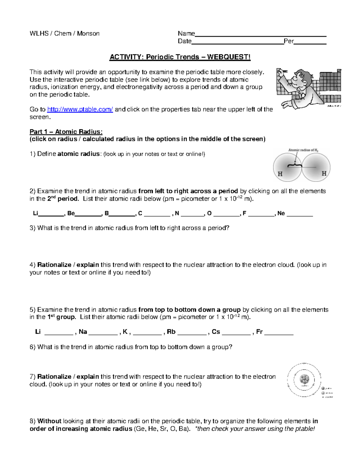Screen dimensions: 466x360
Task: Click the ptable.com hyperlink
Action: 80,110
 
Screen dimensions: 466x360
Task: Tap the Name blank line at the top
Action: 260,35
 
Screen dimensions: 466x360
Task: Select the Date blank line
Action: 237,43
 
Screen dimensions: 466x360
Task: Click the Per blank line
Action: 310,43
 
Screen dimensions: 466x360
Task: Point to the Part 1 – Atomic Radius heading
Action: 66,132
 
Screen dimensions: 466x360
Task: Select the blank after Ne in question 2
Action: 300,215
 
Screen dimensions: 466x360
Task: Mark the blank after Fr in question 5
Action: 279,333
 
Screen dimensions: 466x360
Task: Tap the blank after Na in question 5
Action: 103,333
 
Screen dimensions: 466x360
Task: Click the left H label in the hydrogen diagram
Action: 280,174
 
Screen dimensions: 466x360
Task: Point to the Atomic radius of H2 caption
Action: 303,150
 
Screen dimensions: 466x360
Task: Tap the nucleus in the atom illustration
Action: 305,380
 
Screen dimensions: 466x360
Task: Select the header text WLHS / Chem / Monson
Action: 64,33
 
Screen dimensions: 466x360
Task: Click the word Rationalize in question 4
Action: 55,265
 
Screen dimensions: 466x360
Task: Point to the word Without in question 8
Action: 49,421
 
